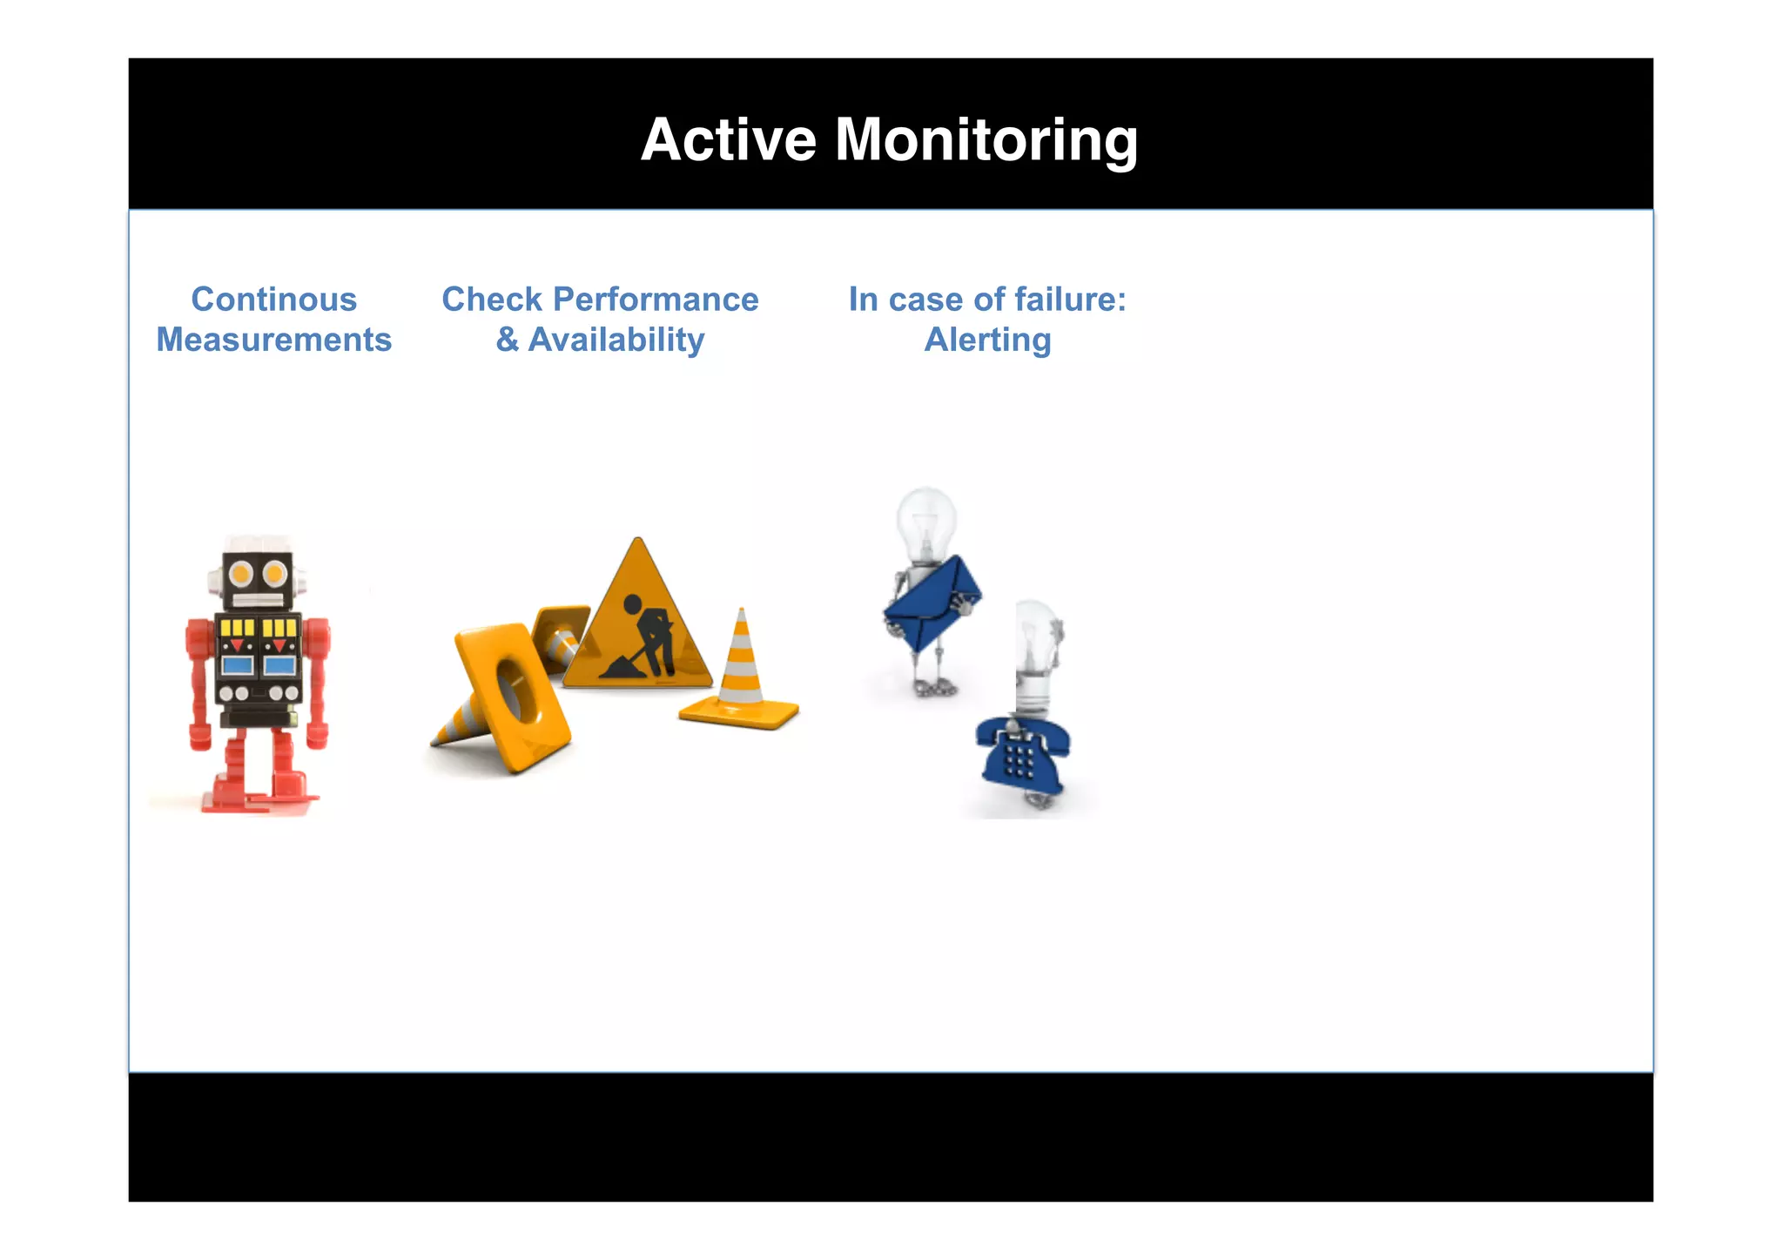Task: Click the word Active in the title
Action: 729,140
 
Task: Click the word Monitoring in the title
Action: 986,140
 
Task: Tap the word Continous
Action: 273,300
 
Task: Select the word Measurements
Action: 273,340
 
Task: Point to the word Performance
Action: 656,300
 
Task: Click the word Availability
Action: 616,340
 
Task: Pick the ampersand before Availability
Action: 507,340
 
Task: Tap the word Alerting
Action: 987,340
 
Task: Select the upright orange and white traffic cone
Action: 741,670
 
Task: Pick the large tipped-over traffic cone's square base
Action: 514,697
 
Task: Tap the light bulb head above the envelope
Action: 926,522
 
